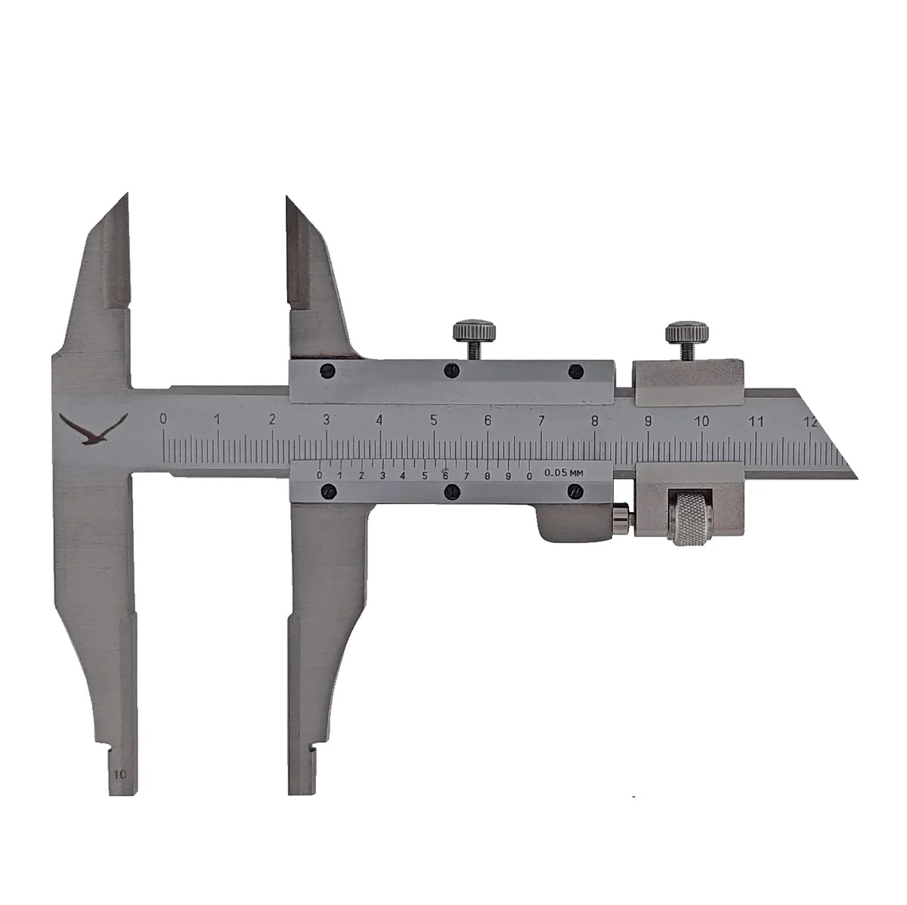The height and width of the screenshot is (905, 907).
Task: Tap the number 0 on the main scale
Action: (163, 419)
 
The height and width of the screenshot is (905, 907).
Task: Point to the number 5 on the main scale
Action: (434, 420)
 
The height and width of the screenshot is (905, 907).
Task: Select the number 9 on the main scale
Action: (648, 422)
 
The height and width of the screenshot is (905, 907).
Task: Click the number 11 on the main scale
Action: (757, 422)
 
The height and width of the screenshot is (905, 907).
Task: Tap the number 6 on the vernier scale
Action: (445, 475)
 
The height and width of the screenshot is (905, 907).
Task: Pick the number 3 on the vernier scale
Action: (382, 475)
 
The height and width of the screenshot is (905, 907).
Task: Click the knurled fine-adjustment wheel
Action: (688, 517)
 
